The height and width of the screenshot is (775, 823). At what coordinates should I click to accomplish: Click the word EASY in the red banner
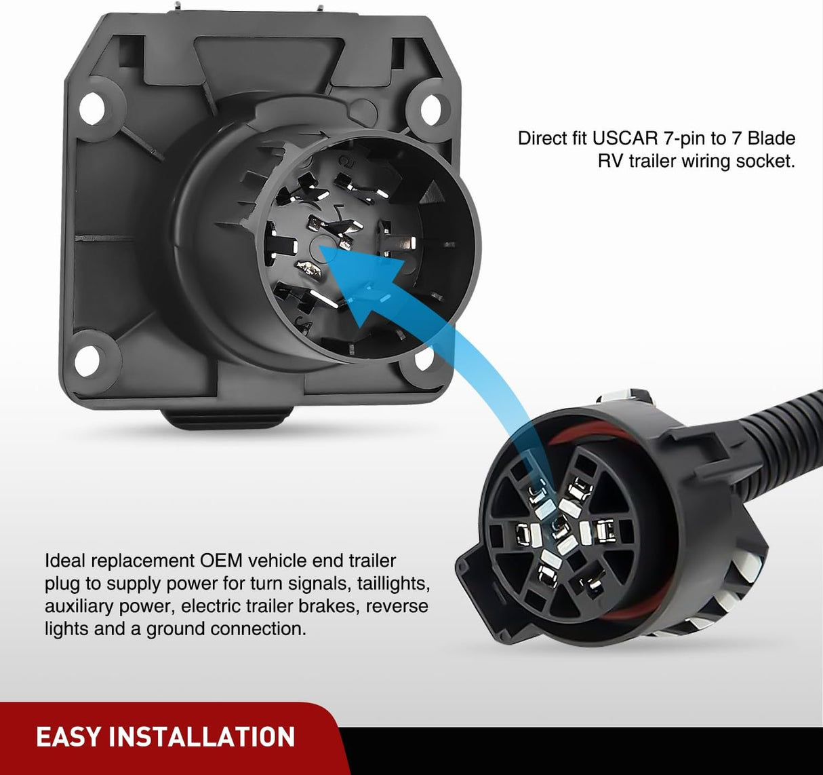(x=68, y=737)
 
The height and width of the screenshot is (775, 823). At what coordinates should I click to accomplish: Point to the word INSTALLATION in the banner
(x=202, y=737)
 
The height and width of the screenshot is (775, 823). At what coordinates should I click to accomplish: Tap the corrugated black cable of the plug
(x=732, y=434)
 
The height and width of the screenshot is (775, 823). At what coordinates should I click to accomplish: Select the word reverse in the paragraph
(x=398, y=606)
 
